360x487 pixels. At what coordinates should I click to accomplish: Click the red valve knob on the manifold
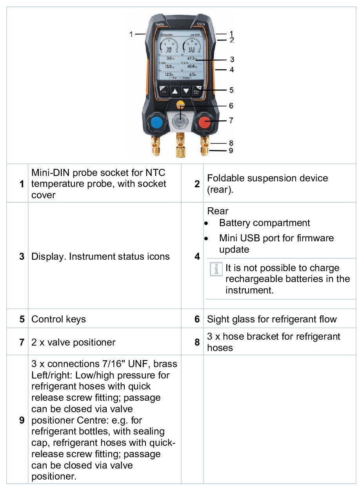[204, 123]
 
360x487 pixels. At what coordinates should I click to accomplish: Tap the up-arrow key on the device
[175, 91]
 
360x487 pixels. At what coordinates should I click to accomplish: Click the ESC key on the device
[163, 91]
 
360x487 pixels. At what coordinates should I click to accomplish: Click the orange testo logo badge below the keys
[180, 105]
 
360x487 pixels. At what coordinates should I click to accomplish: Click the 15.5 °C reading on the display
[167, 67]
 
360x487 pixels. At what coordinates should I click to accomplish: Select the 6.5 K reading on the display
[192, 74]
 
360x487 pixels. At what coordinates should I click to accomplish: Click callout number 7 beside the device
[231, 121]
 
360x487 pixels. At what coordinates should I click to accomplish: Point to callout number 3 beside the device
[232, 60]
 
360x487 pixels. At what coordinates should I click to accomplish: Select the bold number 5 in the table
[22, 319]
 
